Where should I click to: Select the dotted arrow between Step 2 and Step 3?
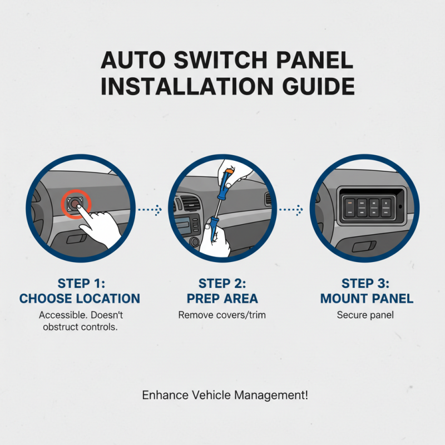[x=290, y=210]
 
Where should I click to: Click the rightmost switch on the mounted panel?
[x=386, y=206]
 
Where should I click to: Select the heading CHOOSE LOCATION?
[x=80, y=299]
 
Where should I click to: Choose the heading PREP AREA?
[x=222, y=299]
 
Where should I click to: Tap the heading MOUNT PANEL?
[x=367, y=299]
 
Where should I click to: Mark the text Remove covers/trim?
[x=222, y=315]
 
